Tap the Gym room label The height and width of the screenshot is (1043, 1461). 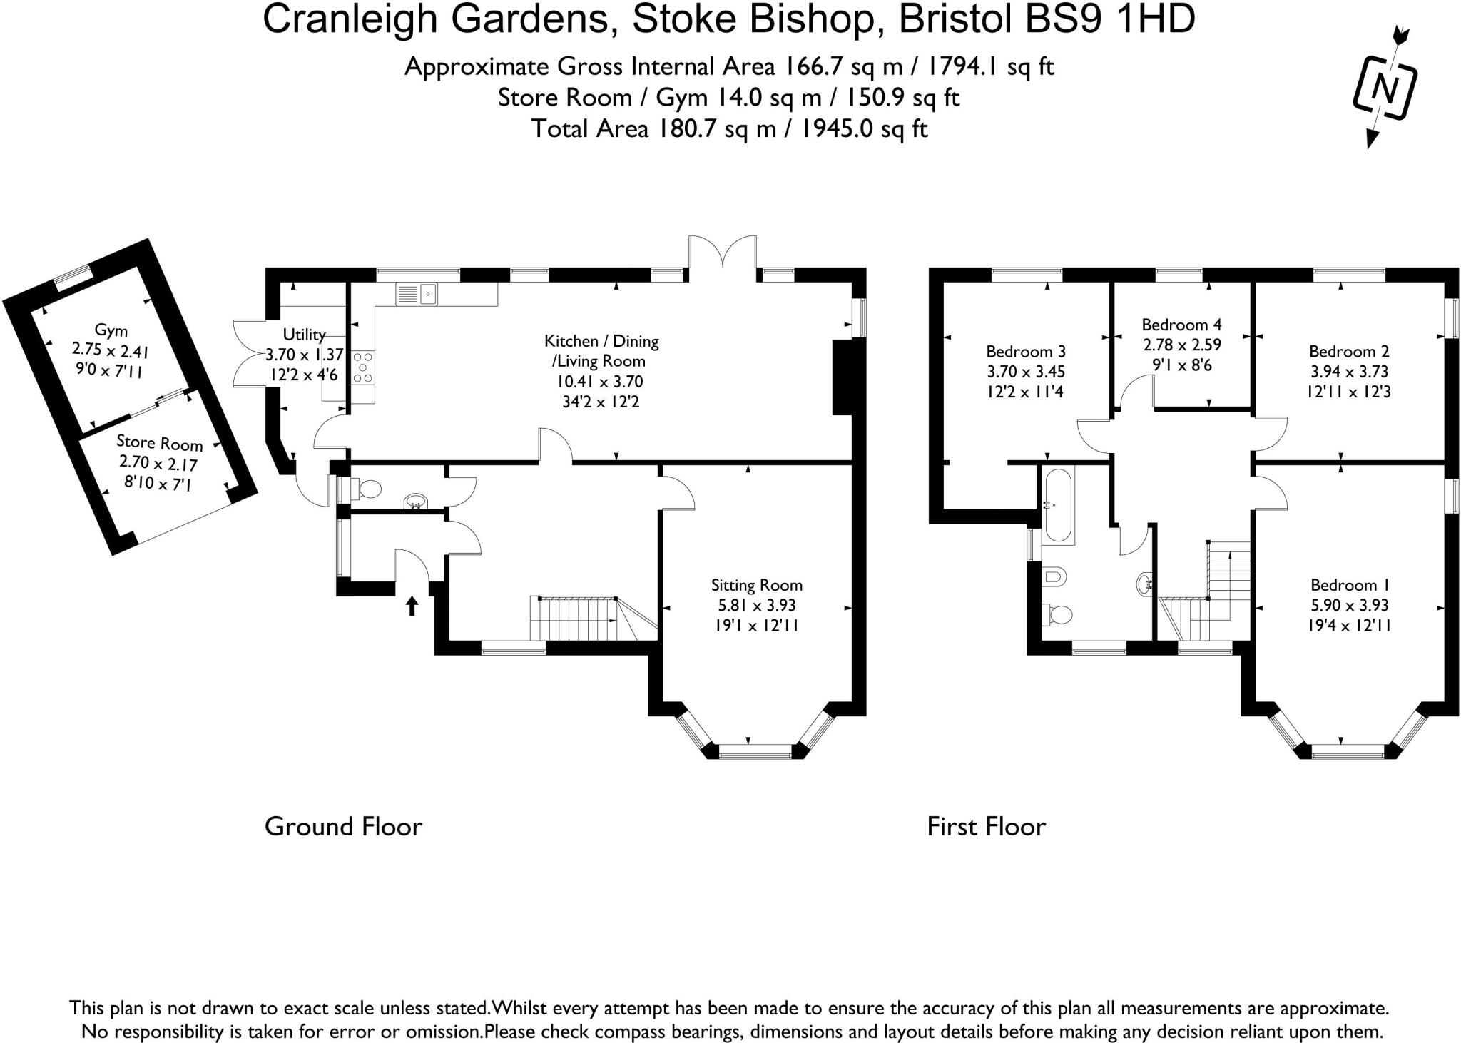pos(111,330)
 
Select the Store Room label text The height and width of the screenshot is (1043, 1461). pos(159,443)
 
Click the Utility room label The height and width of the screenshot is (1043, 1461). pos(304,335)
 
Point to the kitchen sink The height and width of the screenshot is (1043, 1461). pos(417,293)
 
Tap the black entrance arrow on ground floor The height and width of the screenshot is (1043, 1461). pos(412,606)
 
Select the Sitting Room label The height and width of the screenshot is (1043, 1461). pos(756,585)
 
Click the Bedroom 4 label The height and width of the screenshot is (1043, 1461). pos(1181,325)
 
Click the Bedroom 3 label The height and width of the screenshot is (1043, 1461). pos(1025,351)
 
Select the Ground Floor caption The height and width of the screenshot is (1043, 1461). pos(343,826)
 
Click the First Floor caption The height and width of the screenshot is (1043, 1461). pos(986,826)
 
